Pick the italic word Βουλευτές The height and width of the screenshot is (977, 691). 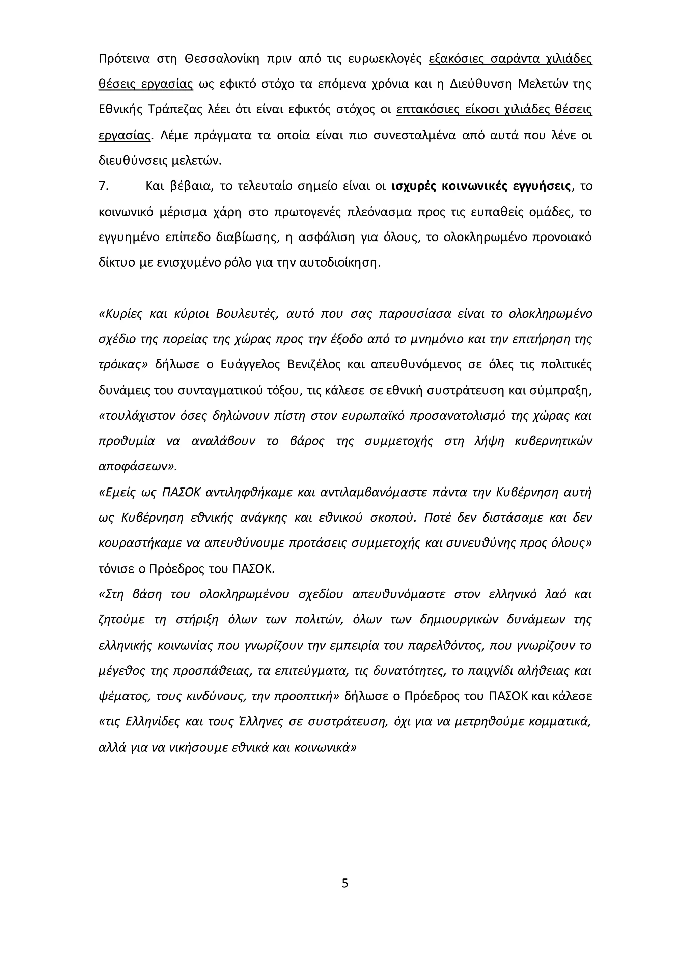tap(247, 314)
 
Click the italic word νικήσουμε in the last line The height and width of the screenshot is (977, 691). tap(196, 748)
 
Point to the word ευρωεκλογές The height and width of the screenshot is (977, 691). tap(385, 59)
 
